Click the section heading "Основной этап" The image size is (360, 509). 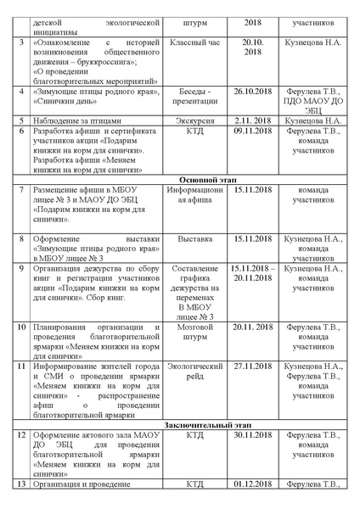click(x=180, y=180)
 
